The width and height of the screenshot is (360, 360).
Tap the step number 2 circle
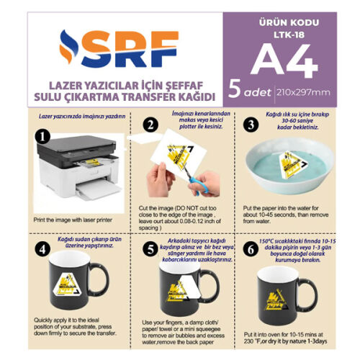coord(150,125)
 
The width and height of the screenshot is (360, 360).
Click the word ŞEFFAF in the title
coord(192,84)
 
